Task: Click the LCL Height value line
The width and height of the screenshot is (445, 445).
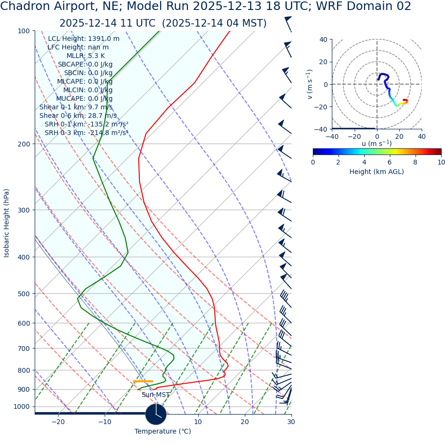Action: tap(84, 39)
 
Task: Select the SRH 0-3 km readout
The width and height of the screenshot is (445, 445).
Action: tap(87, 133)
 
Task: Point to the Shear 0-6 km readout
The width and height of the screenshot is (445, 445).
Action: tap(78, 116)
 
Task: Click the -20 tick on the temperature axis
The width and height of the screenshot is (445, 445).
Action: tap(58, 422)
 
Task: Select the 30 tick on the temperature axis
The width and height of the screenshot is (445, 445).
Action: tap(291, 422)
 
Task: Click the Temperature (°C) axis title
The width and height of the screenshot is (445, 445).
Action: tap(163, 432)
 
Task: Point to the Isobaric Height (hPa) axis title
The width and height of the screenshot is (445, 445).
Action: tap(7, 223)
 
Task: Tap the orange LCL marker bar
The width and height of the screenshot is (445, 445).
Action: tap(143, 381)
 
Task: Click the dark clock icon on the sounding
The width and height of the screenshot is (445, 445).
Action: tap(155, 414)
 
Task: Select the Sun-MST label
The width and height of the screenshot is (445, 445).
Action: tap(155, 395)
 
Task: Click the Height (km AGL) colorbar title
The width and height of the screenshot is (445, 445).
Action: tap(377, 172)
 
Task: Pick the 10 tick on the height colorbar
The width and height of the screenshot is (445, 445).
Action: tap(441, 163)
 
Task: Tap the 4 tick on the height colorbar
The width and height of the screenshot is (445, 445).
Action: tap(364, 163)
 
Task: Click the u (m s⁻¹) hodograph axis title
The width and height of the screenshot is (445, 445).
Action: tap(377, 144)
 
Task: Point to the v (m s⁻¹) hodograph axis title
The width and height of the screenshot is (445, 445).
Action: tap(310, 84)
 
